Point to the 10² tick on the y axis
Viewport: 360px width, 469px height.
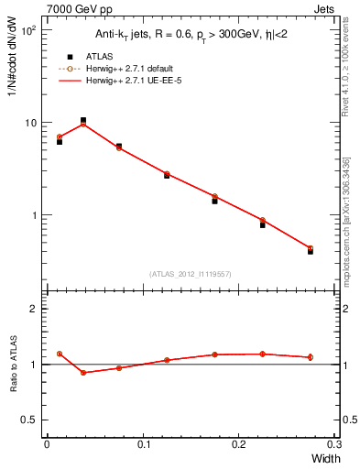29,30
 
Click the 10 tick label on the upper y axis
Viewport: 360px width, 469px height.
29,123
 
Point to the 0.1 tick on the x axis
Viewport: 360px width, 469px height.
142,443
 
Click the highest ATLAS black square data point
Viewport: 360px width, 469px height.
83,120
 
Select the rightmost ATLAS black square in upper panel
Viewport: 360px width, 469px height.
311,250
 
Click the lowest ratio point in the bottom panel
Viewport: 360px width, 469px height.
83,373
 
